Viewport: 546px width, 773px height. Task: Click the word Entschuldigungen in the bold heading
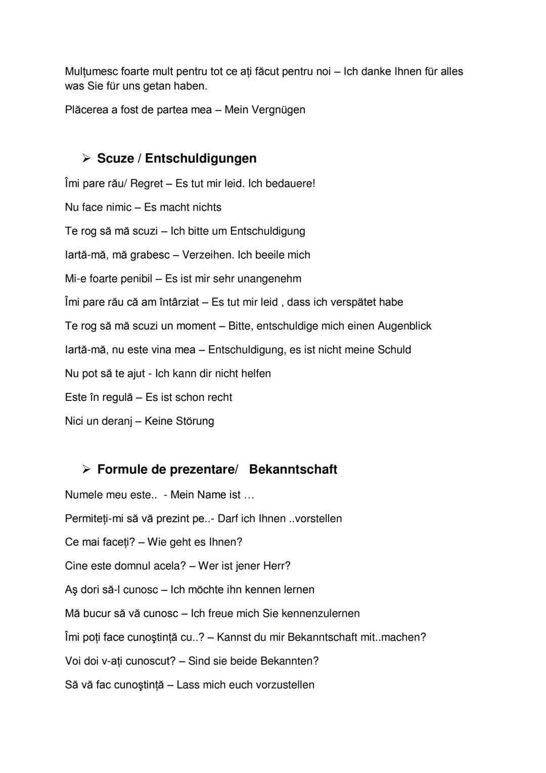(x=201, y=158)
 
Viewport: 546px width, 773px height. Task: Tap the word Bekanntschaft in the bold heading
(x=293, y=469)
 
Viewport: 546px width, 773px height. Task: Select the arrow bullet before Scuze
(x=86, y=158)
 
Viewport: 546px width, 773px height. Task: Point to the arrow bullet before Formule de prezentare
(x=86, y=469)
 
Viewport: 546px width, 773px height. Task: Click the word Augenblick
(x=404, y=326)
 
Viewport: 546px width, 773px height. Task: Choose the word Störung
(x=195, y=421)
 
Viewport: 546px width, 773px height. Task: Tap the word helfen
(x=256, y=374)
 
